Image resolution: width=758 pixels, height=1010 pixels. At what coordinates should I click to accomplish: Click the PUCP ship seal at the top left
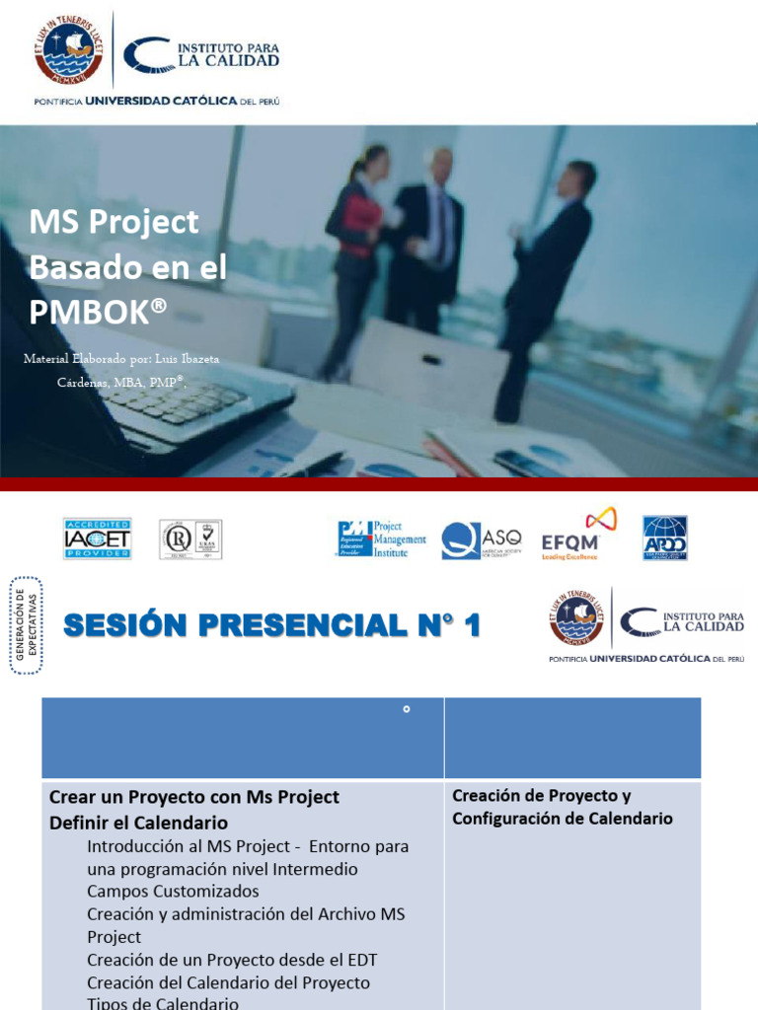tap(68, 50)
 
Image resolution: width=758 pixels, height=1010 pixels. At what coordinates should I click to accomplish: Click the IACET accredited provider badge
tap(97, 539)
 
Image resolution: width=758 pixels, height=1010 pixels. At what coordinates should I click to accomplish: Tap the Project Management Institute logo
tap(382, 540)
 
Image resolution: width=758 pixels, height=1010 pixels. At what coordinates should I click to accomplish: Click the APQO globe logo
tap(665, 539)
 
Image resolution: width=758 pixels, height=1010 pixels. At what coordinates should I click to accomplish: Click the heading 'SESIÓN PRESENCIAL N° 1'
tap(271, 625)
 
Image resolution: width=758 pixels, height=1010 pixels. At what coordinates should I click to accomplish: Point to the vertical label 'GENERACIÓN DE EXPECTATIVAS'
tap(26, 625)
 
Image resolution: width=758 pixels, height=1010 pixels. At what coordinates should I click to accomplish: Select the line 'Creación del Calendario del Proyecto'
tap(228, 982)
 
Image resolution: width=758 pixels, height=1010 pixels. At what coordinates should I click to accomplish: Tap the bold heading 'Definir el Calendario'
tap(138, 823)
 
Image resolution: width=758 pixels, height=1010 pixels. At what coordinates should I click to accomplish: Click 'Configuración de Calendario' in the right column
tap(563, 819)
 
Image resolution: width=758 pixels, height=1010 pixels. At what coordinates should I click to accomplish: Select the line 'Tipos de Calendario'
tap(163, 1003)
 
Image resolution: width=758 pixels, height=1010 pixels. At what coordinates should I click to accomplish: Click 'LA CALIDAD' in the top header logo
tap(228, 60)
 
